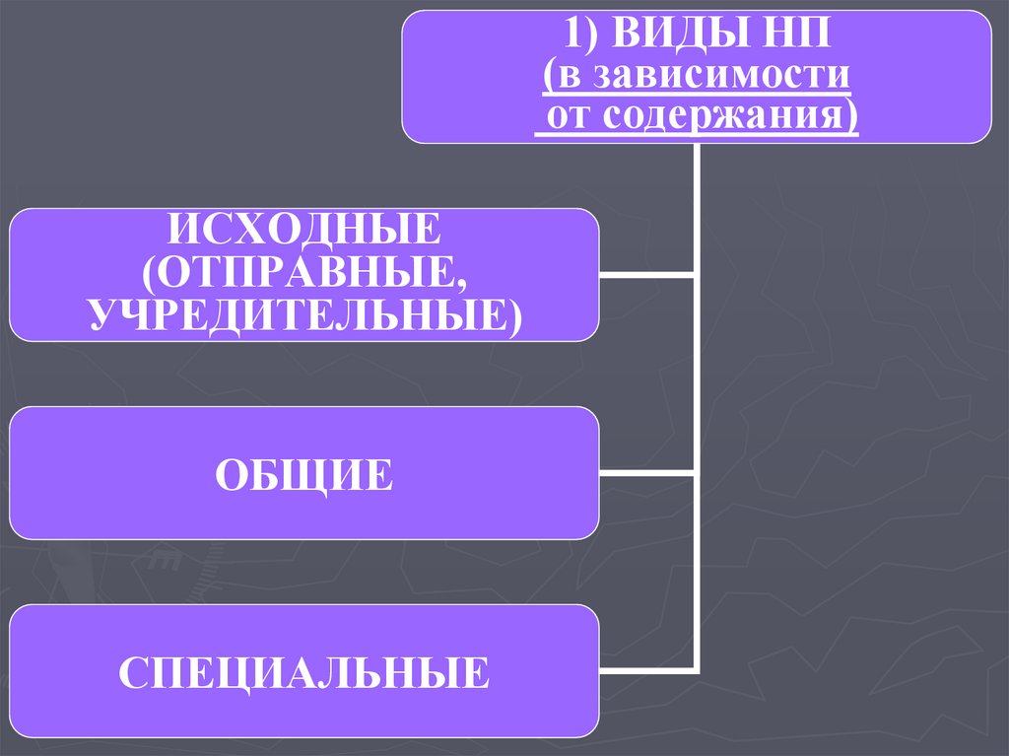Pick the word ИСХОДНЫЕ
pos(304,233)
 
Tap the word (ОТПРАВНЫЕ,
pos(304,273)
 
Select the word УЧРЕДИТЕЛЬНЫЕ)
pos(304,313)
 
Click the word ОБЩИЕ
pos(304,474)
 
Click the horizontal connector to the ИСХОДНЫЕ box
pos(646,275)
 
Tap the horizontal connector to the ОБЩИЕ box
pos(646,473)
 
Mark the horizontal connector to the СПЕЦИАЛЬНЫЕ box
pos(646,671)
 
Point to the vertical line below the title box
pos(697,207)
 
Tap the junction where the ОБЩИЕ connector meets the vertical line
pos(697,473)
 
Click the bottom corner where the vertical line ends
pos(697,671)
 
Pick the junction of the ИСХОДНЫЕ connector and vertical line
pos(697,275)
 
